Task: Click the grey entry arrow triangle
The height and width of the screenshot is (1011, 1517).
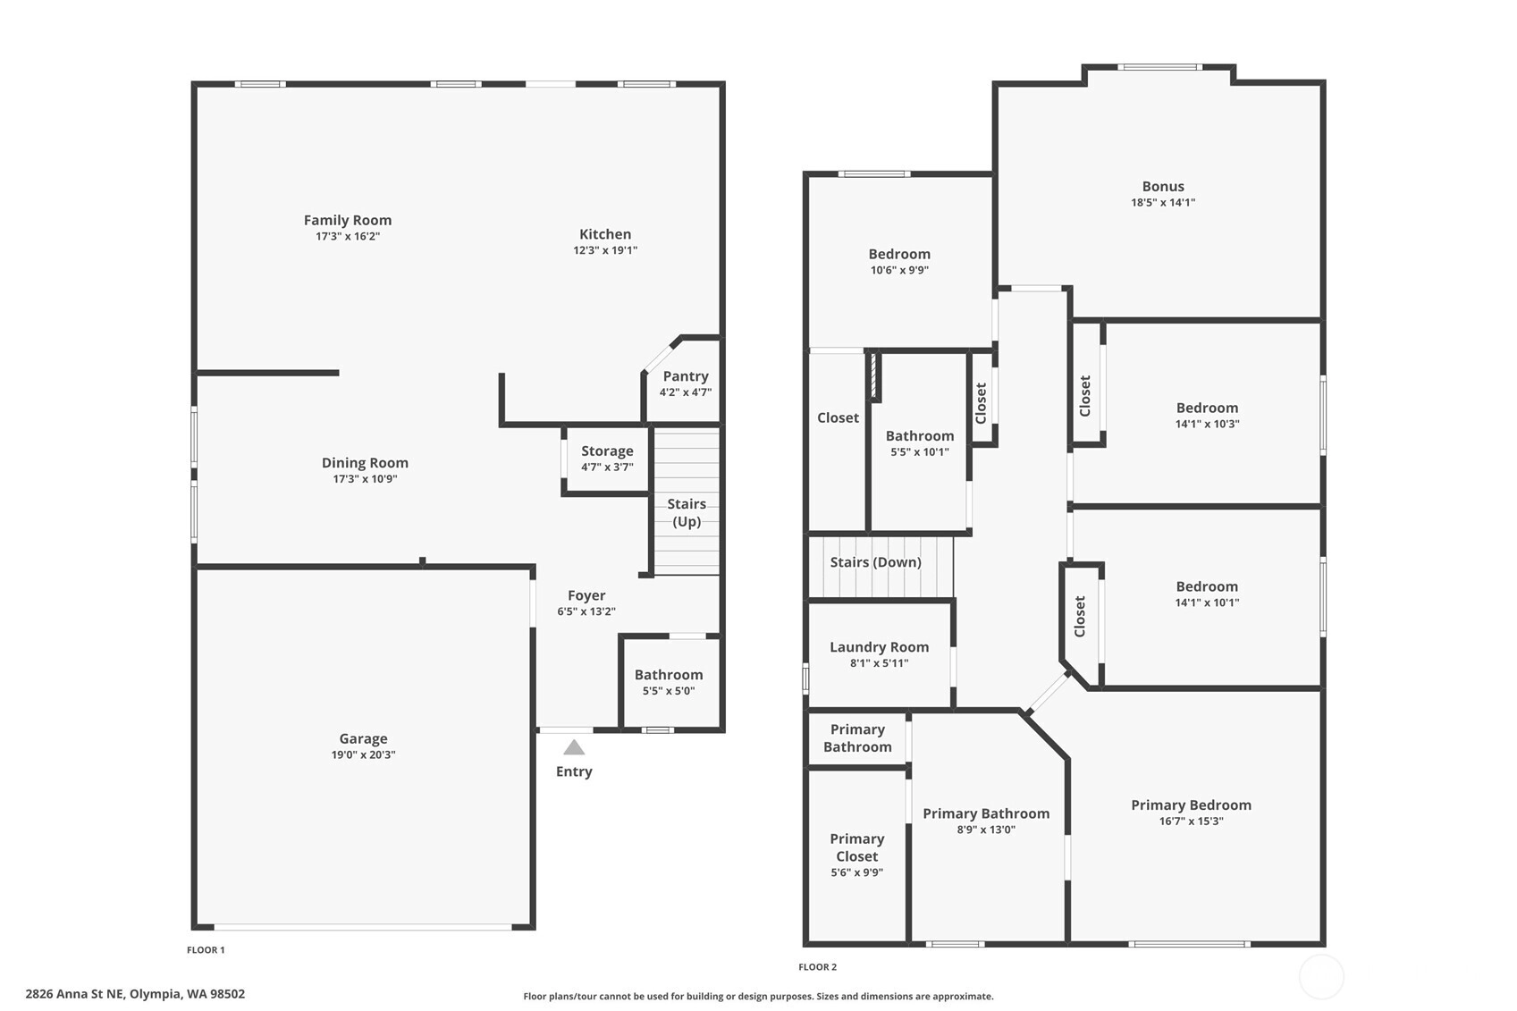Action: (x=574, y=747)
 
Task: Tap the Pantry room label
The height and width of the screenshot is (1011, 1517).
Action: (x=686, y=375)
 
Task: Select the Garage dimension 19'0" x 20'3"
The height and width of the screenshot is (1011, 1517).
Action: (x=364, y=754)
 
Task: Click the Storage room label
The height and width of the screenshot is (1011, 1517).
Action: (x=607, y=451)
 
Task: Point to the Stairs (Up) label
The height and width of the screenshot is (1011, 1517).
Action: (x=686, y=512)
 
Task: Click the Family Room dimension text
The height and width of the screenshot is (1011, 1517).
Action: (x=348, y=236)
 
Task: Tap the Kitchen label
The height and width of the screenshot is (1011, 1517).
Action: (x=605, y=234)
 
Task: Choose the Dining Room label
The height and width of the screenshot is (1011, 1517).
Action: (x=365, y=463)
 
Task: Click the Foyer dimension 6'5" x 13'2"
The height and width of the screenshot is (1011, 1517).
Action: (x=586, y=611)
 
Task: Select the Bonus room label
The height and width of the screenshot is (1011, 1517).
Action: (x=1163, y=186)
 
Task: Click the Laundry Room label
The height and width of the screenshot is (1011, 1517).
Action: (x=879, y=647)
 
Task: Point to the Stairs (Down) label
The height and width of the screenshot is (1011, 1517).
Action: (x=876, y=562)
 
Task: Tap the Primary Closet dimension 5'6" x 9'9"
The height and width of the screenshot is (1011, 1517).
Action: (x=856, y=872)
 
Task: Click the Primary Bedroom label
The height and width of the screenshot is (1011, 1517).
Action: (x=1191, y=805)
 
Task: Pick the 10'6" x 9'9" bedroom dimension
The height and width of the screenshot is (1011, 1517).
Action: (x=899, y=270)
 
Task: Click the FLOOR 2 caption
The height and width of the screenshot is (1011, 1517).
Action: (x=817, y=967)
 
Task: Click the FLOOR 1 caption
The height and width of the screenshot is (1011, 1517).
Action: (x=206, y=950)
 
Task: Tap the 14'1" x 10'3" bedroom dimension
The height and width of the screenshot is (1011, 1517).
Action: (x=1207, y=424)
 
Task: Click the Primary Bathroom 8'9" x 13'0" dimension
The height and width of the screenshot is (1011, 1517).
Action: (x=986, y=830)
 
